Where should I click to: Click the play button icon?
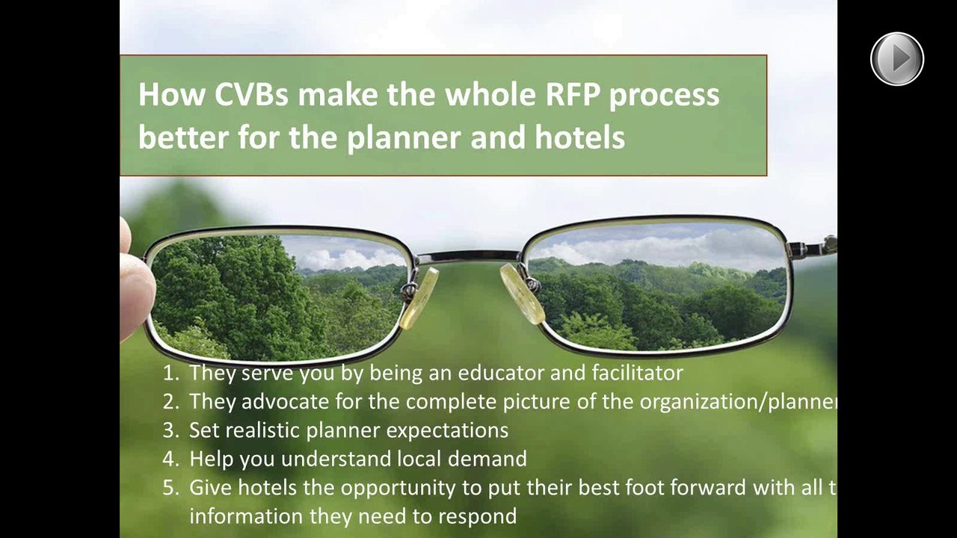pos(897,58)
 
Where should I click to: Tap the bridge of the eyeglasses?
pos(469,257)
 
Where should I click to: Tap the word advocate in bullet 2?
pos(286,401)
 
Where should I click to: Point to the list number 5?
pos(170,488)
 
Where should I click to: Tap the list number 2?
pos(170,401)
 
